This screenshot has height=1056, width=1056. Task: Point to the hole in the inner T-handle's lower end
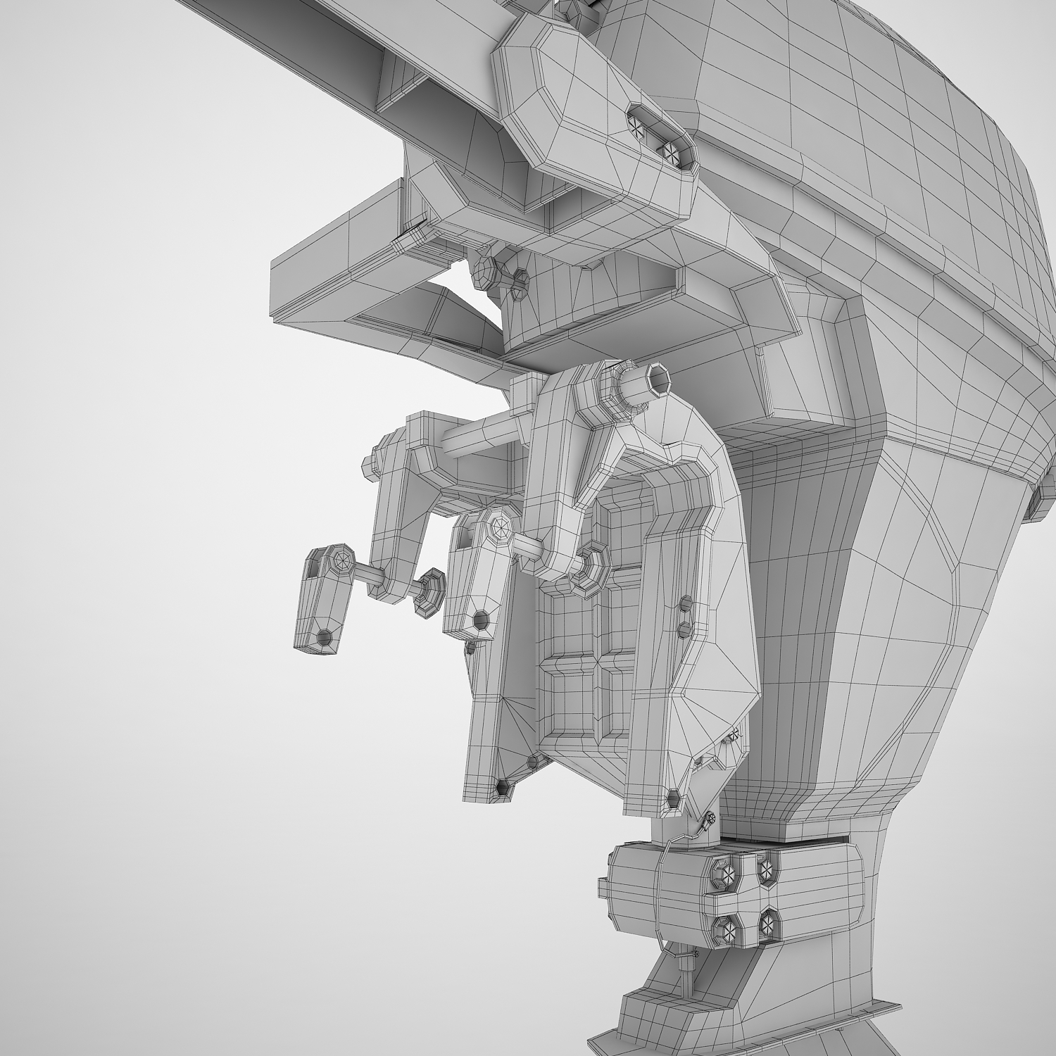(x=481, y=620)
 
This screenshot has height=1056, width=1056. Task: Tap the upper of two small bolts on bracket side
(x=684, y=603)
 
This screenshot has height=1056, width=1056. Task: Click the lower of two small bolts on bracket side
(x=683, y=626)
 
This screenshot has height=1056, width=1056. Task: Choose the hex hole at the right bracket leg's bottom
(x=673, y=798)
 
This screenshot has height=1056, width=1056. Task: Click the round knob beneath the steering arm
(x=485, y=268)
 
